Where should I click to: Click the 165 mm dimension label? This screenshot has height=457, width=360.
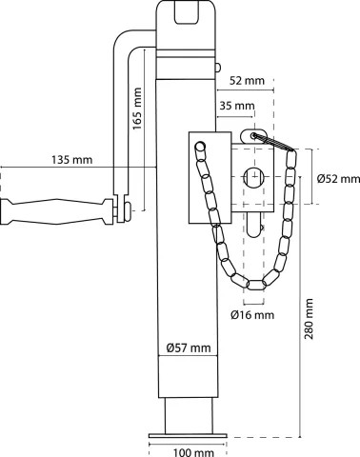[x=137, y=109]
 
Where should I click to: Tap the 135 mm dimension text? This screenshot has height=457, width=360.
[x=72, y=159]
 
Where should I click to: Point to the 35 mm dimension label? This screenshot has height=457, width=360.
[x=237, y=106]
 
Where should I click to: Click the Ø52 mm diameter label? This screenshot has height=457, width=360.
[x=338, y=179]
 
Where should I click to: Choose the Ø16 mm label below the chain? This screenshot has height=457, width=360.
[x=252, y=314]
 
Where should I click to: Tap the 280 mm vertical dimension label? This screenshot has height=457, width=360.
[x=309, y=319]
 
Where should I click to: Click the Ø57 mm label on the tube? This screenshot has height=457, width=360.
[x=189, y=348]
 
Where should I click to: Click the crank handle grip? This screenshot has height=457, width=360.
[x=57, y=211]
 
